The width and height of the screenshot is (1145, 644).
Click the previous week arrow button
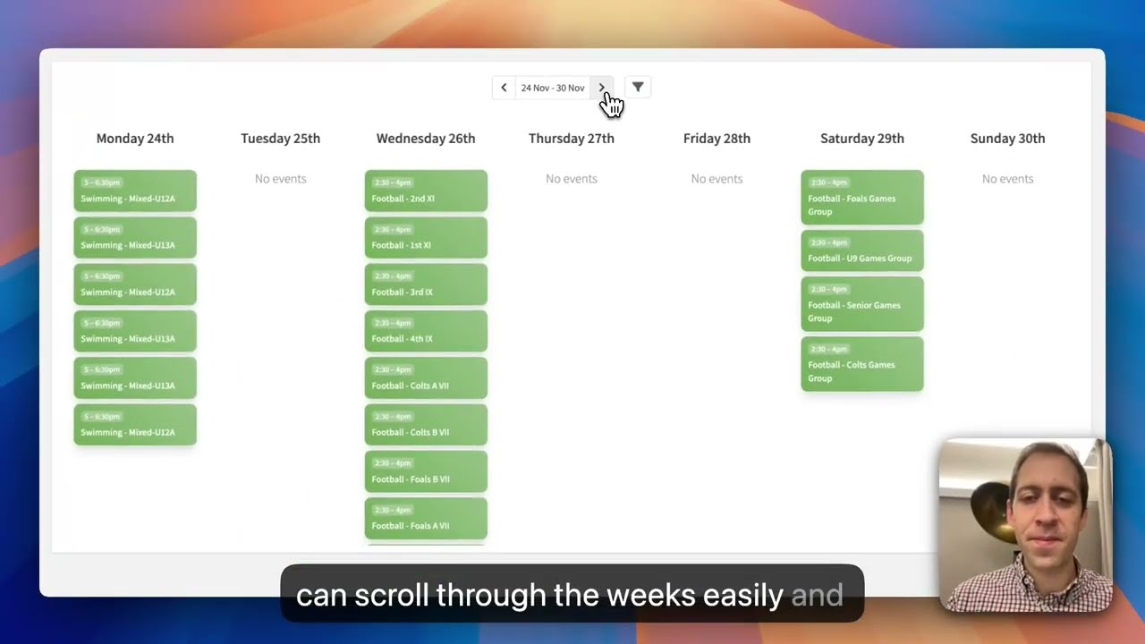[x=504, y=88]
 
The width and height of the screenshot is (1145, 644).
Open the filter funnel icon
[x=638, y=88]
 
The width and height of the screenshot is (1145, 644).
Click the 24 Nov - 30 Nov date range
[x=552, y=88]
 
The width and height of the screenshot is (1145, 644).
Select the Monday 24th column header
[x=135, y=139]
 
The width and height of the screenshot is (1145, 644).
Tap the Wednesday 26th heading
[x=426, y=139]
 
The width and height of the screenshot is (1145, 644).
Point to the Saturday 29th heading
[x=861, y=139]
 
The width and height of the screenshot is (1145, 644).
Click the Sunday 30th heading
[x=1007, y=139]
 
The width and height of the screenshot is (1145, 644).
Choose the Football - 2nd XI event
[x=426, y=191]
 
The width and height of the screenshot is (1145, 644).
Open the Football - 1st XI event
[x=426, y=238]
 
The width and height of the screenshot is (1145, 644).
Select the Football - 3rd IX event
[x=426, y=284]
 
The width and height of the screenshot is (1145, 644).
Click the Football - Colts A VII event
[x=426, y=378]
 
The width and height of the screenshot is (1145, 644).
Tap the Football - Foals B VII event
[x=426, y=471]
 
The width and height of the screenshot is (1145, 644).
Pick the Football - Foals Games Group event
[x=861, y=198]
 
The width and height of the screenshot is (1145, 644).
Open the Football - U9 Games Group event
[x=861, y=251]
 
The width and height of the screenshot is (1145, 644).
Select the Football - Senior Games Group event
[x=861, y=304]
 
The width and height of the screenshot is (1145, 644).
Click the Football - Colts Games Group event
[x=861, y=364]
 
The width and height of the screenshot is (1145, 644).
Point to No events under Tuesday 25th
[x=280, y=179]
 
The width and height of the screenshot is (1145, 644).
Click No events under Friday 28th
[x=717, y=179]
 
